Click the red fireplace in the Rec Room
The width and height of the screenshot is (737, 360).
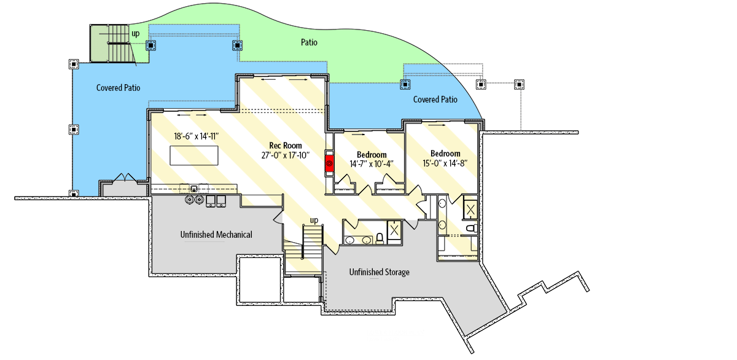tap(330, 163)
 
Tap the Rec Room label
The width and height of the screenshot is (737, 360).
tap(284, 145)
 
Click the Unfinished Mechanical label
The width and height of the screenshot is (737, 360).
tap(216, 235)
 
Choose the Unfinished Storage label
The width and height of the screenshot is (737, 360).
tap(379, 272)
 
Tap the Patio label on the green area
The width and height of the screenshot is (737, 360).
tap(309, 42)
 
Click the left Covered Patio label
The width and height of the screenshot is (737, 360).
tap(118, 88)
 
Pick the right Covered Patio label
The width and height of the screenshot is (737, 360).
tap(435, 100)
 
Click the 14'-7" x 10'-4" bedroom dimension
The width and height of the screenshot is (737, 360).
tap(372, 164)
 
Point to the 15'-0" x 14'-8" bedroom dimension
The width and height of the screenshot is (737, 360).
tap(445, 163)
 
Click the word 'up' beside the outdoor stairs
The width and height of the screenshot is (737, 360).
tap(135, 33)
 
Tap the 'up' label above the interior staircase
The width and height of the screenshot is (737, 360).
tap(314, 220)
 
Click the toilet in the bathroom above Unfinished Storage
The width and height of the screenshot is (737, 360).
tap(380, 237)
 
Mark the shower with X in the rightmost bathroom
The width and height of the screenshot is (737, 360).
tap(470, 209)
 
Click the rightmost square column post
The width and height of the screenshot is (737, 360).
tap(520, 84)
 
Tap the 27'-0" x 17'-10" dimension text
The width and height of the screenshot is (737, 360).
tap(284, 155)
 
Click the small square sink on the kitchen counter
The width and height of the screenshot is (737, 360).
tap(193, 189)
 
